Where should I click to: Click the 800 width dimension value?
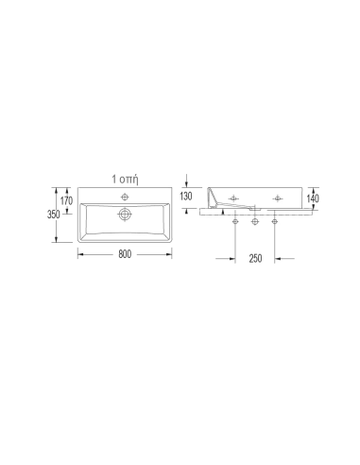click(125, 254)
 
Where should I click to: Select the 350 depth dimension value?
click(54, 215)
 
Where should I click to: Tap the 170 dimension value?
click(66, 200)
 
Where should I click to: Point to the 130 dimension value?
click(186, 196)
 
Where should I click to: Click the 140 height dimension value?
click(313, 198)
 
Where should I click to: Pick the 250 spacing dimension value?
click(255, 258)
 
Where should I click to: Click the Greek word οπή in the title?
click(130, 180)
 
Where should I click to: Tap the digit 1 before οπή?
click(114, 179)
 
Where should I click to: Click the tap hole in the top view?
click(125, 198)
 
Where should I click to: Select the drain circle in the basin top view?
click(125, 215)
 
